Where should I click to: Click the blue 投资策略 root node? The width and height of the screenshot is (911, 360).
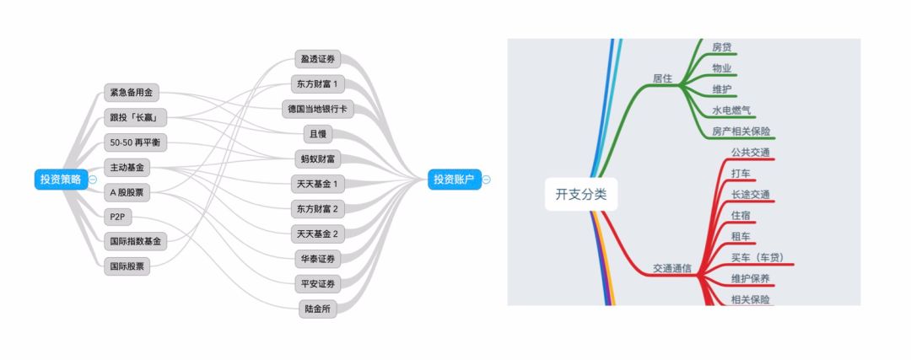[x=61, y=179]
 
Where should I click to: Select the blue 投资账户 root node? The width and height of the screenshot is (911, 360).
[x=454, y=179]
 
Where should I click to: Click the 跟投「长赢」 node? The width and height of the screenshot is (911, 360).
[x=135, y=116]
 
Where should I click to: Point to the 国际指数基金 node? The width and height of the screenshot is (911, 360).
[x=135, y=241]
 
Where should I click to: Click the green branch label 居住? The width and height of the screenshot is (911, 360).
[x=662, y=78]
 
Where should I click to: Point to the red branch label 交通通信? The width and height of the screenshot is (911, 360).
[x=672, y=268]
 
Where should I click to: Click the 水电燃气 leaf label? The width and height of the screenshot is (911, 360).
[x=731, y=110]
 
